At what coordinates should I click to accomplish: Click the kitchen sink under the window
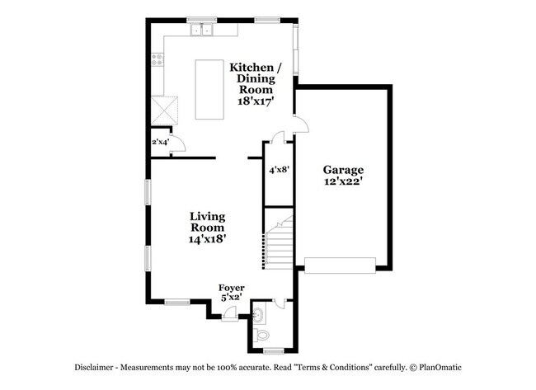point(200,31)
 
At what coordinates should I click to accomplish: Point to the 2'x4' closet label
point(159,143)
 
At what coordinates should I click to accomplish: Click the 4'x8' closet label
point(278,170)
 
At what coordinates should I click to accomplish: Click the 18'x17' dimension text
point(256,100)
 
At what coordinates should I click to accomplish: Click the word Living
point(207,216)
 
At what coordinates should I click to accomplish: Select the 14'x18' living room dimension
point(207,238)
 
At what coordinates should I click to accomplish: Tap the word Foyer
point(231,288)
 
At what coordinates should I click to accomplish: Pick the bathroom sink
point(258,314)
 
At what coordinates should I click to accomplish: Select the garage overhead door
point(340,264)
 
